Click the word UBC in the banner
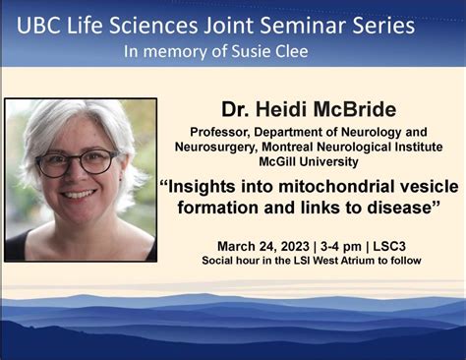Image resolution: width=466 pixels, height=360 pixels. [42, 20]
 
